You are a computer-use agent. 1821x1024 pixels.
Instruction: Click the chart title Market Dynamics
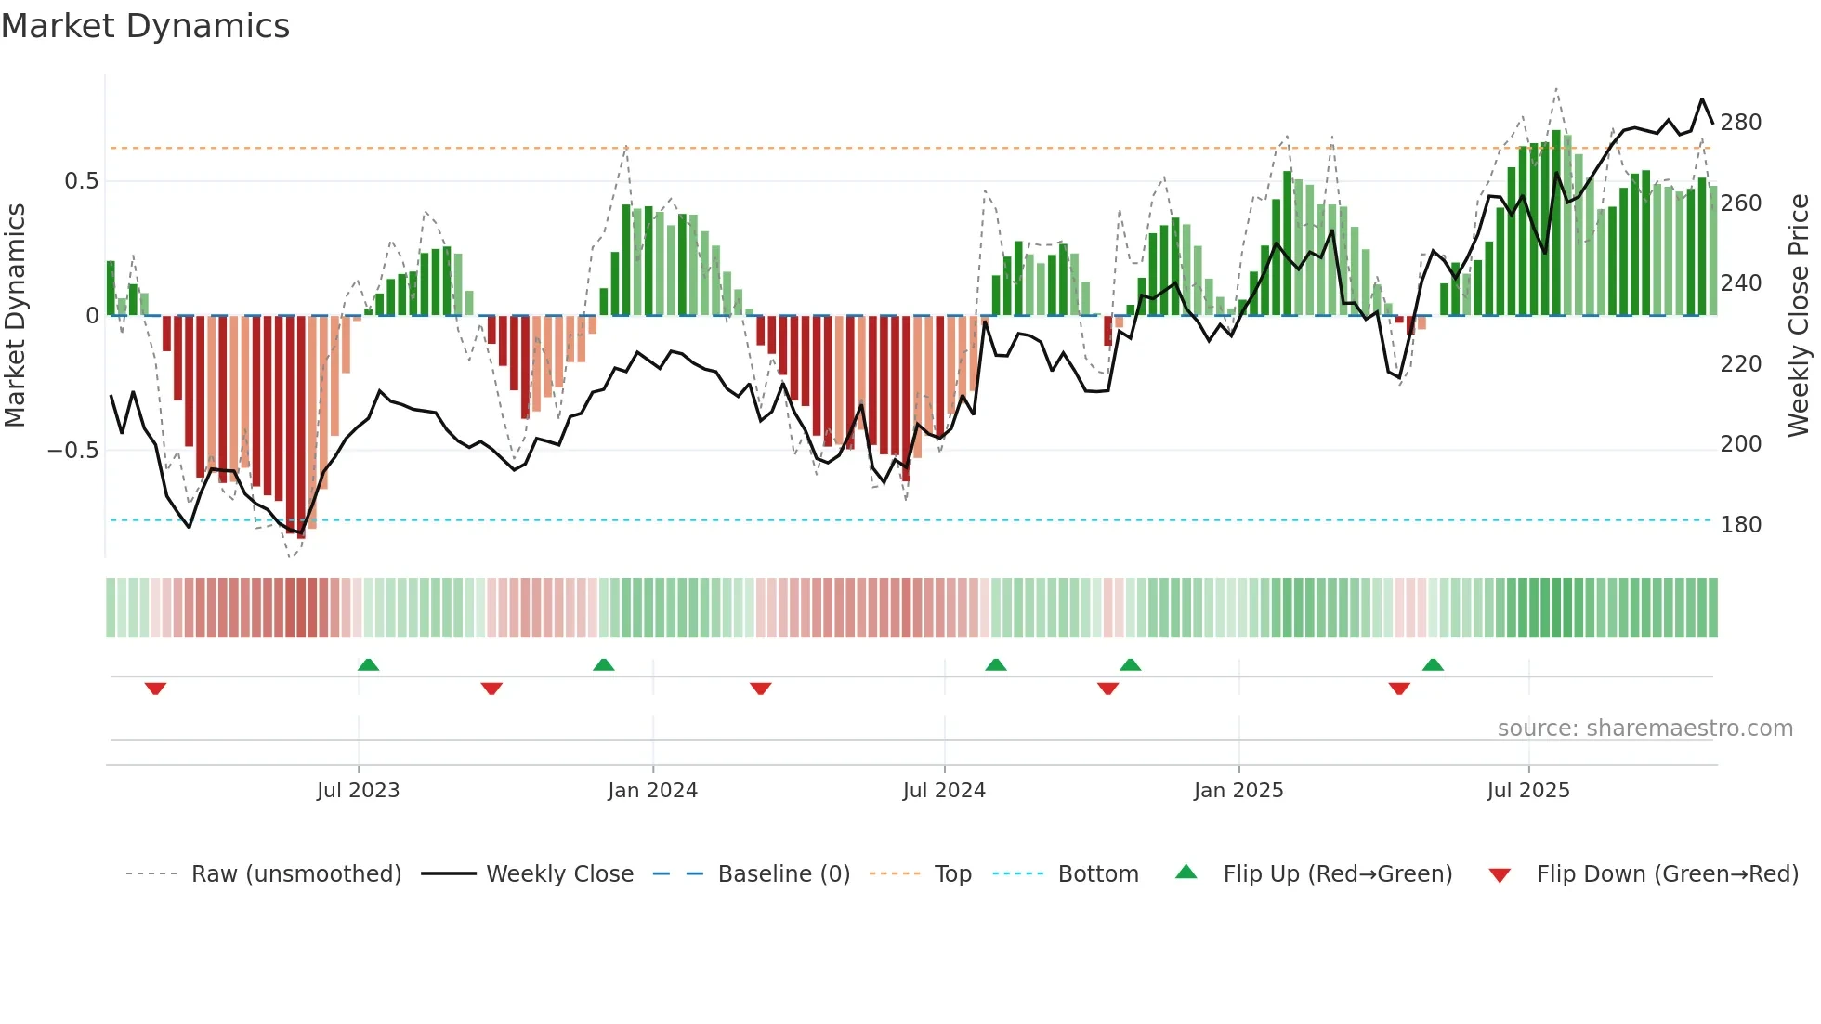pyautogui.click(x=145, y=26)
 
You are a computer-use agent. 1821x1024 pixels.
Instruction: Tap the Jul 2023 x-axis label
pyautogui.click(x=358, y=791)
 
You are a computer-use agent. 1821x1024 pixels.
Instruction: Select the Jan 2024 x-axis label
pyautogui.click(x=652, y=791)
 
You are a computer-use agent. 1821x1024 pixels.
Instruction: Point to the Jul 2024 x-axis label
pyautogui.click(x=944, y=791)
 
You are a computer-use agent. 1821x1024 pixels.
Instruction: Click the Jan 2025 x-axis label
pyautogui.click(x=1238, y=791)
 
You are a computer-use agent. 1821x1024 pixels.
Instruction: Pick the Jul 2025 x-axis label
pyautogui.click(x=1528, y=791)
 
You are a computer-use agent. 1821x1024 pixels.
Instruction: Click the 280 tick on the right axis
pyautogui.click(x=1740, y=123)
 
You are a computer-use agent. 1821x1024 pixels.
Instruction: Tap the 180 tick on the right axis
pyautogui.click(x=1740, y=525)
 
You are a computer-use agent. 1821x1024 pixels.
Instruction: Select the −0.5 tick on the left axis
pyautogui.click(x=73, y=451)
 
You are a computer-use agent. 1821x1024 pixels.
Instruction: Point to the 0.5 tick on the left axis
pyautogui.click(x=81, y=181)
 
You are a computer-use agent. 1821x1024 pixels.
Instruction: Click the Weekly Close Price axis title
pyautogui.click(x=1799, y=316)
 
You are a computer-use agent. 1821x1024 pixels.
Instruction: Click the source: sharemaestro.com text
pyautogui.click(x=1644, y=729)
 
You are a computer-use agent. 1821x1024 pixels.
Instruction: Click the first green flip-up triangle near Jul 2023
pyautogui.click(x=368, y=664)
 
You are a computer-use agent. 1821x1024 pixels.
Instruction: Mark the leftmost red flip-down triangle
pyautogui.click(x=155, y=689)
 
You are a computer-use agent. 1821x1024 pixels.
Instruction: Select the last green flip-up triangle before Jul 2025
pyautogui.click(x=1433, y=664)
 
